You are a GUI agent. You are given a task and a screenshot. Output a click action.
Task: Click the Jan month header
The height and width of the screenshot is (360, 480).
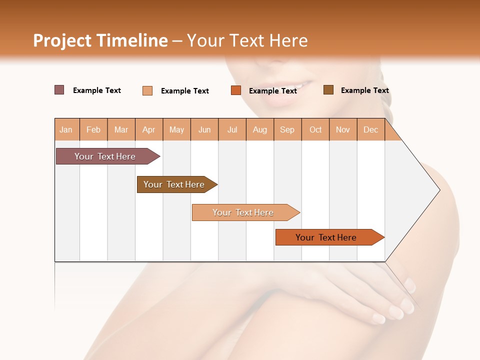click(x=66, y=129)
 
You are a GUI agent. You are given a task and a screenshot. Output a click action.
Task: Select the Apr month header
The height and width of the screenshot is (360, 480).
click(x=149, y=129)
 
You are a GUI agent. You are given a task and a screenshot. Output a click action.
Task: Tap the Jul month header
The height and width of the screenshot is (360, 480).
click(x=232, y=129)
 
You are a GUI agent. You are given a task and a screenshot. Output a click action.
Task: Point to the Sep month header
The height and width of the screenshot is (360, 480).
click(x=287, y=129)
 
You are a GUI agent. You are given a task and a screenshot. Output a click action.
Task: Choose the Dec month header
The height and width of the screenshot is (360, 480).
click(x=370, y=129)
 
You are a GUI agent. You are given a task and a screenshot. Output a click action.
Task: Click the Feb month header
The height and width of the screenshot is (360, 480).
click(x=93, y=129)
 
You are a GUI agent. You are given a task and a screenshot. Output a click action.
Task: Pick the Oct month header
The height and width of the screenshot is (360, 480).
click(x=315, y=129)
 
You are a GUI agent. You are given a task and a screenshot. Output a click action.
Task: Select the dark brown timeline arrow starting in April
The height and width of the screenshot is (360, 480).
click(x=175, y=184)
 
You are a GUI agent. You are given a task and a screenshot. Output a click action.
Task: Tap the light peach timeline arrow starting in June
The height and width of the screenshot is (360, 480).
click(x=244, y=212)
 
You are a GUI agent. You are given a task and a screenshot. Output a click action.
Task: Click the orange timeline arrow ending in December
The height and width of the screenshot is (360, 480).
click(x=327, y=237)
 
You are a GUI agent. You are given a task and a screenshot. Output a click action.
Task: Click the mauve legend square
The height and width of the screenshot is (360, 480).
click(x=59, y=90)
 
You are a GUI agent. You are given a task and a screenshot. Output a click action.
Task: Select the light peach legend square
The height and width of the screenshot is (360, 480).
click(x=147, y=90)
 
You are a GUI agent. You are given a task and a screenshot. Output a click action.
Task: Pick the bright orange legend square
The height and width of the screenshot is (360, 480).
click(x=236, y=90)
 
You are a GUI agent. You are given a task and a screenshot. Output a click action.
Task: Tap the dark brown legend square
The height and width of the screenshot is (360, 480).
click(x=328, y=90)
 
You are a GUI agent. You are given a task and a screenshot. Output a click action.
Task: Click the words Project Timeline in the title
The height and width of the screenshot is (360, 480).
click(x=100, y=40)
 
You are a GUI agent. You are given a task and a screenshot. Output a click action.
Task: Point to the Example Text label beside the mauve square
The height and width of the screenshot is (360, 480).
click(x=97, y=90)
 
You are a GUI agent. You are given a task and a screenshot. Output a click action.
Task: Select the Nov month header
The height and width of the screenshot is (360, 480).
click(x=343, y=129)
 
